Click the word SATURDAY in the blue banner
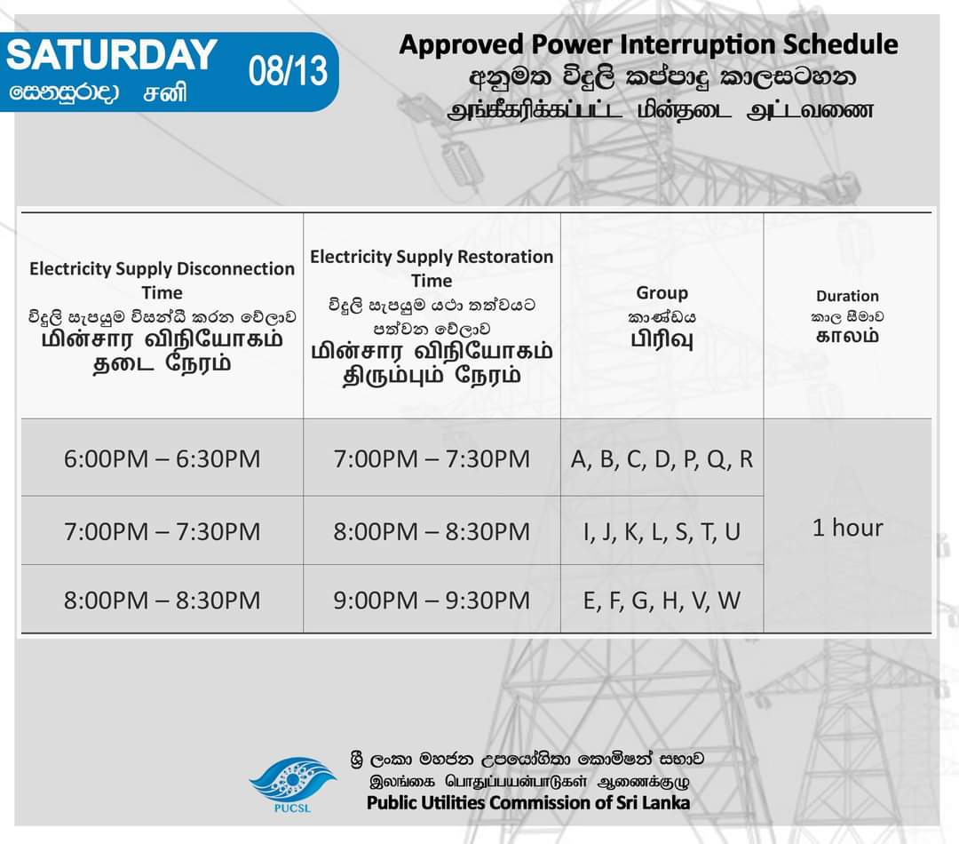(x=111, y=55)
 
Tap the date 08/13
(x=288, y=71)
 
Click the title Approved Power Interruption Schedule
(x=648, y=44)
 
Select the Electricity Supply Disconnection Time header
(x=162, y=280)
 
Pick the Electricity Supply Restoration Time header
(x=432, y=268)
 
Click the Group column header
(x=662, y=292)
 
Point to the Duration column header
(x=847, y=296)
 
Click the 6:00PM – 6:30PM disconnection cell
(x=162, y=459)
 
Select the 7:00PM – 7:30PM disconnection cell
(x=162, y=531)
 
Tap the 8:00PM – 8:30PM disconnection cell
(x=162, y=600)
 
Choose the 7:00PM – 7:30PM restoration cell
(x=432, y=459)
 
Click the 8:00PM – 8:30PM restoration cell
(x=432, y=531)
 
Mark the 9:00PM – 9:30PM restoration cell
(x=432, y=600)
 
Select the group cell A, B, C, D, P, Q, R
(x=662, y=459)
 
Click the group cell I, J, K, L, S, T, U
(x=662, y=531)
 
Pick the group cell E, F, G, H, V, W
(x=662, y=600)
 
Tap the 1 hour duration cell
(x=848, y=528)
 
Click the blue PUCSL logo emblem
(x=292, y=779)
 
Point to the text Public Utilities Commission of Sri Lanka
(x=528, y=802)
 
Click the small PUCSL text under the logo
(x=292, y=808)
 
